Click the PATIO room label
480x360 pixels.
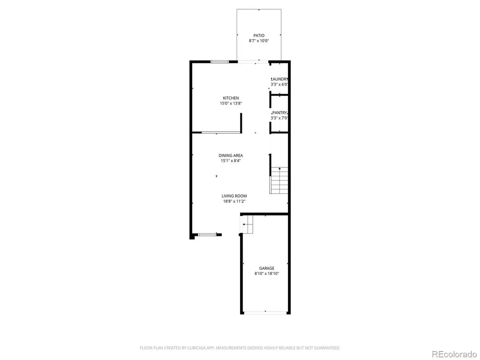[x=259, y=36]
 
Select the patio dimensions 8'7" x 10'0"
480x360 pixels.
[x=259, y=41]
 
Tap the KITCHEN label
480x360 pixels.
[x=231, y=98]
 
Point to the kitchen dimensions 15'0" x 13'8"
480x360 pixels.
[x=231, y=103]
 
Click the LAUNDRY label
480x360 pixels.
[x=280, y=79]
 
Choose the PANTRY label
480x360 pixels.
[x=280, y=113]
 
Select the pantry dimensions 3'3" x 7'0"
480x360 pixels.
[x=280, y=118]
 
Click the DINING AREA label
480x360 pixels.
[x=230, y=156]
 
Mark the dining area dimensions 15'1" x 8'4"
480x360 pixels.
[x=230, y=161]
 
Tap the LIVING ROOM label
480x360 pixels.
[x=234, y=196]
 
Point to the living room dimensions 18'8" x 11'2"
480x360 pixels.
[x=234, y=201]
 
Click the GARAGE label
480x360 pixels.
[x=267, y=268]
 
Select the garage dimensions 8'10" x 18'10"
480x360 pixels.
[x=267, y=274]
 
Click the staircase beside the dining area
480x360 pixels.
[x=279, y=180]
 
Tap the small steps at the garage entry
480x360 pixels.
[x=247, y=225]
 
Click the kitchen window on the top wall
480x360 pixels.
[x=220, y=62]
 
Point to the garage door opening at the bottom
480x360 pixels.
[x=265, y=313]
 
